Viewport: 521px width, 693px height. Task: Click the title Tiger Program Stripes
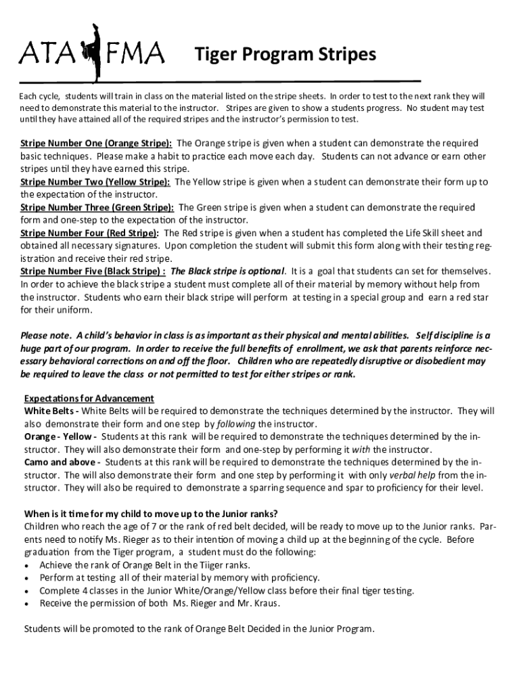pyautogui.click(x=285, y=54)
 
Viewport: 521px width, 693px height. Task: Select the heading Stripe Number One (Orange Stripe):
pyautogui.click(x=96, y=143)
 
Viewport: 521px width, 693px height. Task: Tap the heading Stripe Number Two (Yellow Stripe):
pyautogui.click(x=95, y=182)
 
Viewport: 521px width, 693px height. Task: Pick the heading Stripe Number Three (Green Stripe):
pyautogui.click(x=97, y=207)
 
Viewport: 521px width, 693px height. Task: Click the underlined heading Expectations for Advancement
pyautogui.click(x=89, y=398)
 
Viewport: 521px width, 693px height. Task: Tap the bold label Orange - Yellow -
pyautogui.click(x=60, y=437)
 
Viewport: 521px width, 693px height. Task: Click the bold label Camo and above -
pyautogui.click(x=62, y=462)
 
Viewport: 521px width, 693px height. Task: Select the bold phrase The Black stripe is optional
pyautogui.click(x=228, y=271)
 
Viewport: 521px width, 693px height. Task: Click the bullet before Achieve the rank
pyautogui.click(x=27, y=565)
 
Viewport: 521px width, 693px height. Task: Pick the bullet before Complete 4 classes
pyautogui.click(x=27, y=591)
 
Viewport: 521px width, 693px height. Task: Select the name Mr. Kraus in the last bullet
pyautogui.click(x=258, y=603)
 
